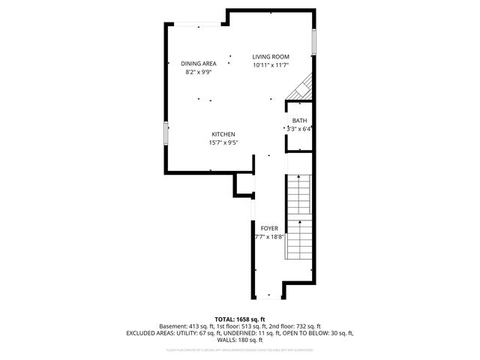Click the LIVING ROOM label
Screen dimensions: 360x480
pyautogui.click(x=270, y=57)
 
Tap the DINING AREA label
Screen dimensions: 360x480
pyautogui.click(x=198, y=64)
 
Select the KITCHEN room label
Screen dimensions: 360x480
pyautogui.click(x=223, y=134)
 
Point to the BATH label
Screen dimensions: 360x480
pyautogui.click(x=299, y=121)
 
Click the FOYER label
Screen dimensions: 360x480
pyautogui.click(x=269, y=228)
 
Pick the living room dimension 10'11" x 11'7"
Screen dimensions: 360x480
pyautogui.click(x=270, y=65)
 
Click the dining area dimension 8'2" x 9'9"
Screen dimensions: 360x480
pyautogui.click(x=198, y=72)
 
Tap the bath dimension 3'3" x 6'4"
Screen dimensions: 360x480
pyautogui.click(x=299, y=129)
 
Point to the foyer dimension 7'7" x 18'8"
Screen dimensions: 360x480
pyautogui.click(x=269, y=236)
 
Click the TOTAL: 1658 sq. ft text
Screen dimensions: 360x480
pyautogui.click(x=239, y=319)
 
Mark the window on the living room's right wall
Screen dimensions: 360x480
pyautogui.click(x=313, y=41)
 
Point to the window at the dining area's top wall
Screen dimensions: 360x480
pyautogui.click(x=199, y=25)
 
